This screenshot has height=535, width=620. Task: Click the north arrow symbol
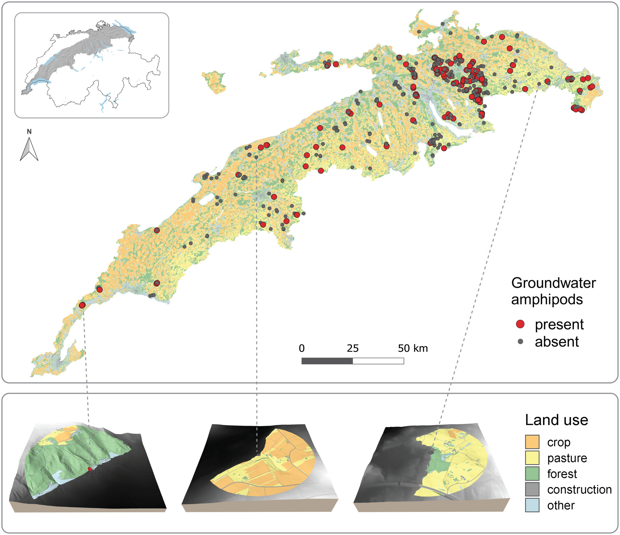[x=29, y=150]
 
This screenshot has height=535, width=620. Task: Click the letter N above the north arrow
[x=29, y=132]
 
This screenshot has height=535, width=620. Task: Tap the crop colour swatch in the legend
[x=532, y=442]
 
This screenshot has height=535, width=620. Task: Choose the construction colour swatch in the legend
[x=532, y=490]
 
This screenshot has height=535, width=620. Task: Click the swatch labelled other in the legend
[x=532, y=505]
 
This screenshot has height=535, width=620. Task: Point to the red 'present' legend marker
[x=520, y=324]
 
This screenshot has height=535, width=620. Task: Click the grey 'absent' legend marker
[x=520, y=341]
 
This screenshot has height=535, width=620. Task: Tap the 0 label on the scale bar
[x=302, y=348]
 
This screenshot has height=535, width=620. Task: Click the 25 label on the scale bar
[x=353, y=348]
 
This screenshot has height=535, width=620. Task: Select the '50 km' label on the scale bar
[x=413, y=348]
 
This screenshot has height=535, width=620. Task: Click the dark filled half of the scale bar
[x=327, y=361]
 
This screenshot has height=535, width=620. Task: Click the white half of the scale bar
[x=378, y=361]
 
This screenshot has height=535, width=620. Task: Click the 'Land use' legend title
[x=556, y=420]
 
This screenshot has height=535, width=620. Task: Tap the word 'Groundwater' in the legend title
[x=553, y=283]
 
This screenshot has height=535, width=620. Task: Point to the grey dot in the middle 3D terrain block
[x=258, y=455]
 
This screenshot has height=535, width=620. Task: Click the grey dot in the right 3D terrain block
[x=431, y=453]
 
